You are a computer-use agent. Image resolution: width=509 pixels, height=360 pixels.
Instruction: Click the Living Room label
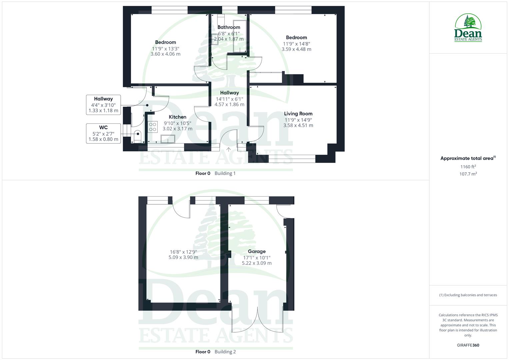[x=298, y=114]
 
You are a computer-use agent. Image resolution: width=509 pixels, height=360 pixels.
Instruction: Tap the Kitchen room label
[x=177, y=117]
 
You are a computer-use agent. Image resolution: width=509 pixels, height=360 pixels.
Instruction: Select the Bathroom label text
[x=229, y=27]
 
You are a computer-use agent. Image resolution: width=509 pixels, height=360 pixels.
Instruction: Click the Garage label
[x=257, y=252]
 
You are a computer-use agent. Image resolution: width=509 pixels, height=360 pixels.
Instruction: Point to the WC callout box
[x=103, y=133]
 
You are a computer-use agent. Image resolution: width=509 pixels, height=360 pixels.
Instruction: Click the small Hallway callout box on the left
[x=103, y=105]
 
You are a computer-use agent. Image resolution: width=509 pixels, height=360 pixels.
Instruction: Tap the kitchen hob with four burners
[x=153, y=127]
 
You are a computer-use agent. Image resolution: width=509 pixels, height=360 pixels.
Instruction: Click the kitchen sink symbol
[x=168, y=139]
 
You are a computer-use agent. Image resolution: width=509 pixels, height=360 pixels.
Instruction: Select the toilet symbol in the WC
[x=137, y=136]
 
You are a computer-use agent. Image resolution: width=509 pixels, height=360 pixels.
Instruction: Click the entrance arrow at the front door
[x=229, y=149]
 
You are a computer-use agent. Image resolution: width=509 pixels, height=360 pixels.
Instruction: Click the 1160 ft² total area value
[x=468, y=167]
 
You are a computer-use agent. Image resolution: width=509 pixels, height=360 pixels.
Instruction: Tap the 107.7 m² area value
[x=468, y=174]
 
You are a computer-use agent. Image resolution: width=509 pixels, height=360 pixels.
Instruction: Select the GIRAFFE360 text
[x=468, y=345]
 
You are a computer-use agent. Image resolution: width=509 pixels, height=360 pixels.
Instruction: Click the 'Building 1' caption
[x=225, y=173]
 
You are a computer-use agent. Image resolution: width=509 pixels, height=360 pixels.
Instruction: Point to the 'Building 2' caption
[x=225, y=352]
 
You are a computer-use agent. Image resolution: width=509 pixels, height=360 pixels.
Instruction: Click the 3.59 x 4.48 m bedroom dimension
[x=296, y=49]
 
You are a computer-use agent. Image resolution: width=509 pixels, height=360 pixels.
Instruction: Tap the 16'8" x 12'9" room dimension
[x=183, y=252]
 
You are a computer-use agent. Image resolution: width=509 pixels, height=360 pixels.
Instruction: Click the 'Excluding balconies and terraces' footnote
[x=468, y=295]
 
